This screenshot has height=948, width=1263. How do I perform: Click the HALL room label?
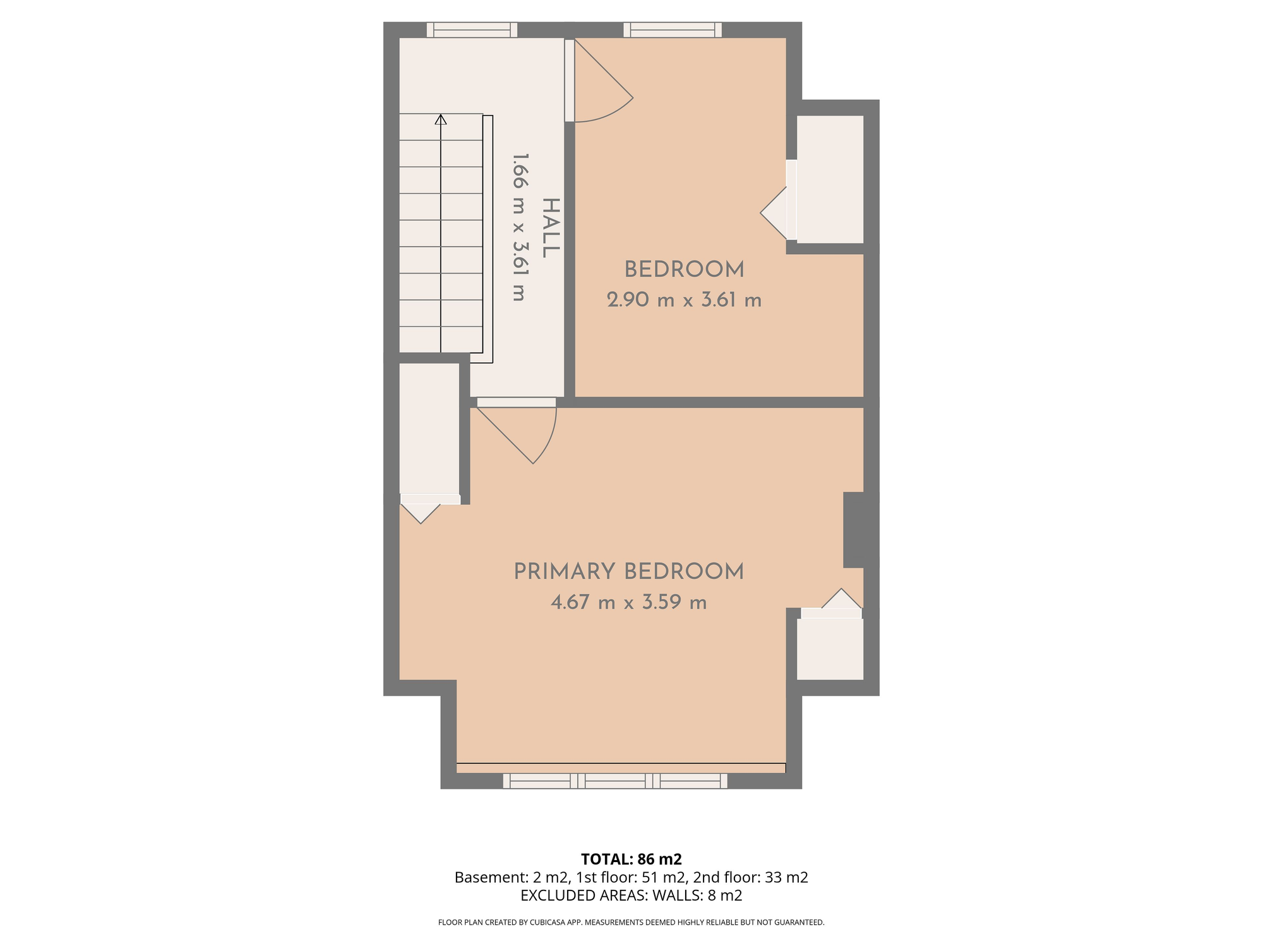551,228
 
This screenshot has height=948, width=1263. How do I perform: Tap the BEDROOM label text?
684,270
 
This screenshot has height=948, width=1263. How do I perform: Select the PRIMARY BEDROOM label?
628,572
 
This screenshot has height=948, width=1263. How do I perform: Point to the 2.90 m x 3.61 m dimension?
684,300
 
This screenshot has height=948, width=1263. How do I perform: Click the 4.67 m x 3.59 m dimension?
628,602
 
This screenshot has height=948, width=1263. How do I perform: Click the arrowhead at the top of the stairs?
441,119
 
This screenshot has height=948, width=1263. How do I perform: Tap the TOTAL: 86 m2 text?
631,859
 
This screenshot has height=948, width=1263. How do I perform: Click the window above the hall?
472,30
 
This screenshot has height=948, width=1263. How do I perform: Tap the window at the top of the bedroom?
673,30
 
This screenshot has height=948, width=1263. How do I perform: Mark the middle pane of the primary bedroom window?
615,781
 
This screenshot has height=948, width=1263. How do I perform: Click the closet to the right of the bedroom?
830,179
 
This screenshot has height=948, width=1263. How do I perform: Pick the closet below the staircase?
429,428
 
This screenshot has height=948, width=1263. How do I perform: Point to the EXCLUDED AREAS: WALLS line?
631,896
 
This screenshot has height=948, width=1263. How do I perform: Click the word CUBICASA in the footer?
546,923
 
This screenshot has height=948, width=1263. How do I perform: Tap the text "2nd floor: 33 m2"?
751,877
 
